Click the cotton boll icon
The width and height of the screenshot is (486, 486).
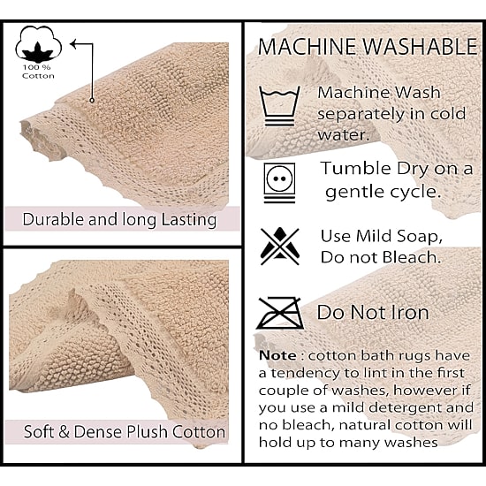(38, 44)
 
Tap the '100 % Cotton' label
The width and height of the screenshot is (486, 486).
(38, 72)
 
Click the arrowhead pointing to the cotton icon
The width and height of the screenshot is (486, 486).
(73, 44)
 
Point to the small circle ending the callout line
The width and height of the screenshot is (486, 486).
(92, 100)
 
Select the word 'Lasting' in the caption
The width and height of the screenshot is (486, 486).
(189, 220)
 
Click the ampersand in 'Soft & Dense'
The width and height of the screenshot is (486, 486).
(64, 431)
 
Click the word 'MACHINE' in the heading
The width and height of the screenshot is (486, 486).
(308, 47)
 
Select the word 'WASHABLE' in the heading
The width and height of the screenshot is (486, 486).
(421, 47)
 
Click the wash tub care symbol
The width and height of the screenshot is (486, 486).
(279, 106)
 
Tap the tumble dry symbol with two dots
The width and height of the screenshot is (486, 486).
(279, 183)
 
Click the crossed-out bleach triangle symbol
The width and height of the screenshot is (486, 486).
(280, 247)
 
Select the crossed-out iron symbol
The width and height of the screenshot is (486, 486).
(280, 313)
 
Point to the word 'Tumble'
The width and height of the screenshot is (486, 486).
(356, 168)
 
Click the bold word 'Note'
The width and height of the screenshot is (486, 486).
(277, 355)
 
